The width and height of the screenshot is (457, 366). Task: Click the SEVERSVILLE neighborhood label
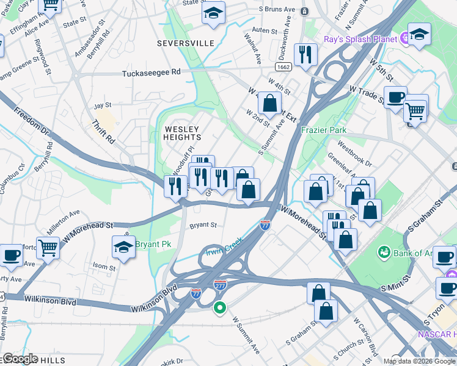[x=186, y=43]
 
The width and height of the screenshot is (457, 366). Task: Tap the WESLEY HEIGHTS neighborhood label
[x=181, y=133]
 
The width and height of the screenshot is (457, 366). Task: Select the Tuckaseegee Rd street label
[x=152, y=72]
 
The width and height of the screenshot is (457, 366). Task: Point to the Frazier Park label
[x=323, y=130]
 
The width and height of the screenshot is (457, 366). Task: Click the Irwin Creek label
[x=224, y=246]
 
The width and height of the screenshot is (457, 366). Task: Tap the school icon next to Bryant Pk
[x=124, y=247]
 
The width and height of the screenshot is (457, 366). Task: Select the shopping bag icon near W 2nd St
[x=269, y=102]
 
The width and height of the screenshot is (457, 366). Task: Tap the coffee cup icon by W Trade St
[x=395, y=96]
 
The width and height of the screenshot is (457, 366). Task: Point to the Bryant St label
[x=203, y=225]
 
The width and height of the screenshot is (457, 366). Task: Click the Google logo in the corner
[x=20, y=359]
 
